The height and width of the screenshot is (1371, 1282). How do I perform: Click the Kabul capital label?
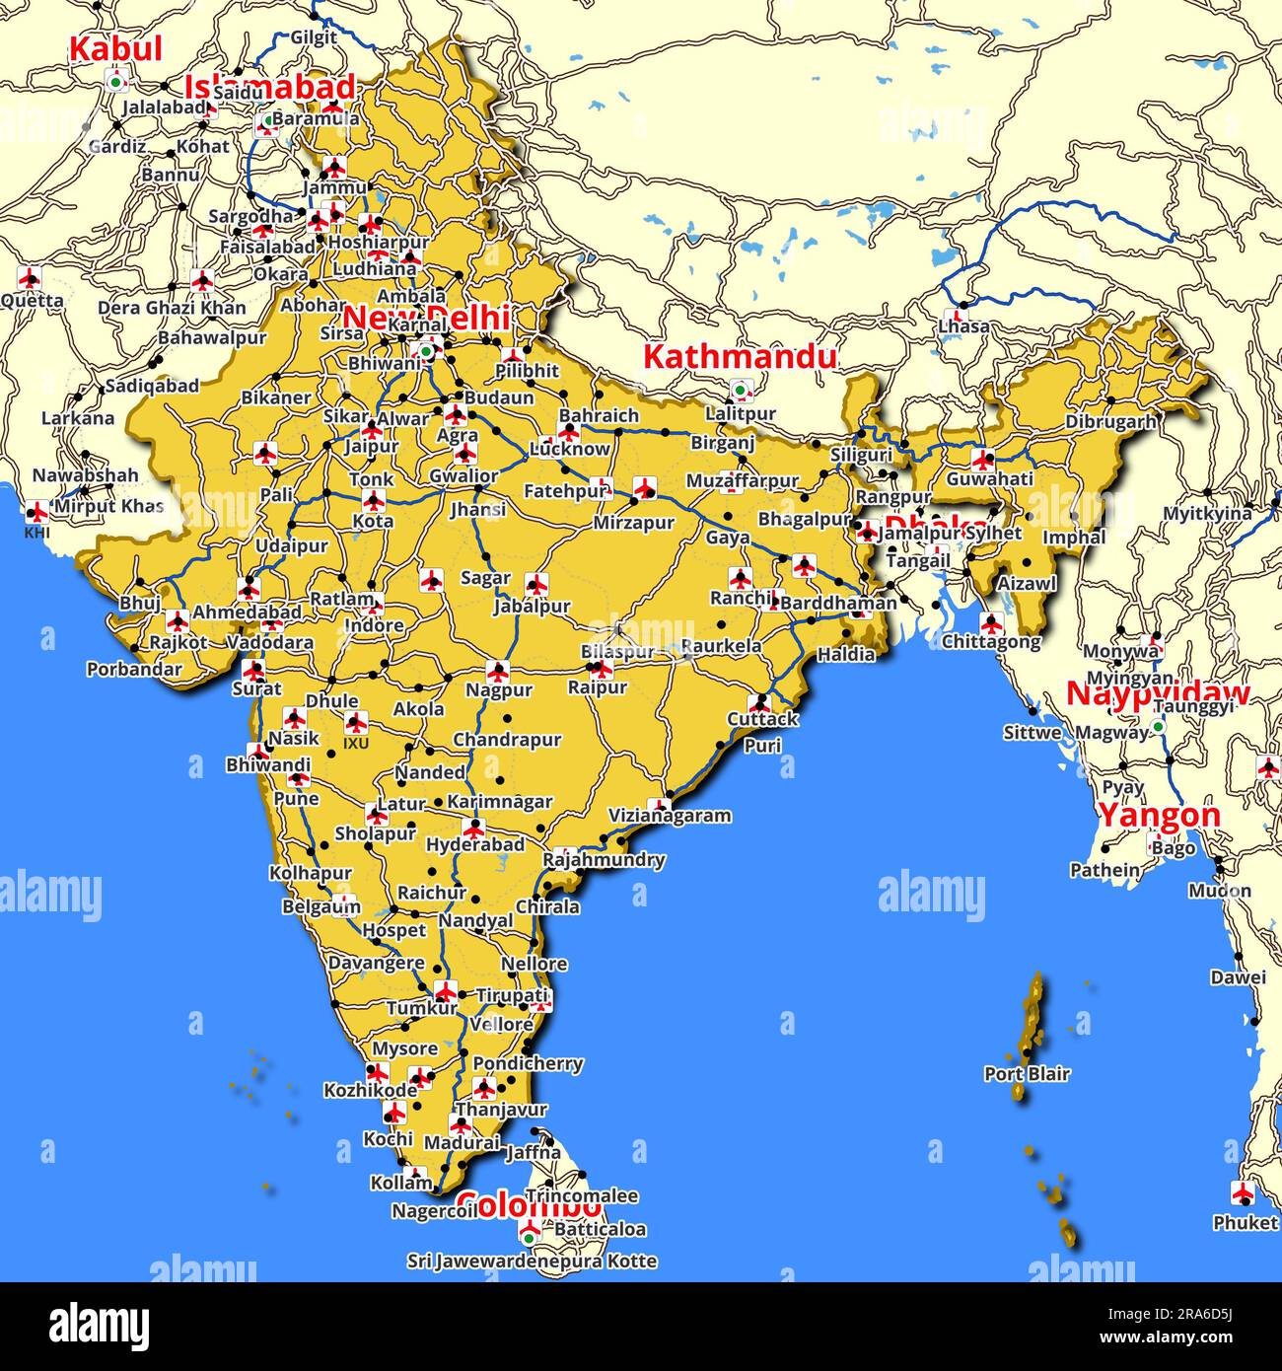pyautogui.click(x=115, y=48)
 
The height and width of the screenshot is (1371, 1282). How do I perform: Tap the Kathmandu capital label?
pyautogui.click(x=739, y=356)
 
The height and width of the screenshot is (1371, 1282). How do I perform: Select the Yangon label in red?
pyautogui.click(x=1159, y=816)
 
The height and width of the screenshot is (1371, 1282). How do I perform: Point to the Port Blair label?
pyautogui.click(x=1027, y=1073)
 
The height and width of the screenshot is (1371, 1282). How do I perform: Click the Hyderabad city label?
pyautogui.click(x=475, y=845)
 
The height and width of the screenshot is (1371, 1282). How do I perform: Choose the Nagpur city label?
pyautogui.click(x=499, y=690)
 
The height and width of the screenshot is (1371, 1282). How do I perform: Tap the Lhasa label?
pyautogui.click(x=963, y=325)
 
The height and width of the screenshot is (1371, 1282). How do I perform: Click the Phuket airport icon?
pyautogui.click(x=1243, y=1193)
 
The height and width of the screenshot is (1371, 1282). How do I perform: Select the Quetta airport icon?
pyautogui.click(x=30, y=277)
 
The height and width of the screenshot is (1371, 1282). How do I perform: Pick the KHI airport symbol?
pyautogui.click(x=36, y=512)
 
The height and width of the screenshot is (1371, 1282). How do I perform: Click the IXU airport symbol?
pyautogui.click(x=355, y=723)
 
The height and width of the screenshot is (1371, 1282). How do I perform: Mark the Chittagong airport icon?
pyautogui.click(x=991, y=622)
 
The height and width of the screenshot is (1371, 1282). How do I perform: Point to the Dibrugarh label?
pyautogui.click(x=1110, y=422)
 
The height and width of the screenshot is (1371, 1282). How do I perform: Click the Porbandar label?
pyautogui.click(x=134, y=669)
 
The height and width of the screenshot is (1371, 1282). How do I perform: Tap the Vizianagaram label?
pyautogui.click(x=670, y=816)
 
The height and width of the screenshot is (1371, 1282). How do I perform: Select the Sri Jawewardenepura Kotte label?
pyautogui.click(x=532, y=1261)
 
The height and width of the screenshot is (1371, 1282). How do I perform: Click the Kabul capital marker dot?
pyautogui.click(x=116, y=82)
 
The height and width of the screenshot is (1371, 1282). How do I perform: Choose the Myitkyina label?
pyautogui.click(x=1206, y=513)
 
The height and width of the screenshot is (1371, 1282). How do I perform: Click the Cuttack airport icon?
pyautogui.click(x=758, y=703)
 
